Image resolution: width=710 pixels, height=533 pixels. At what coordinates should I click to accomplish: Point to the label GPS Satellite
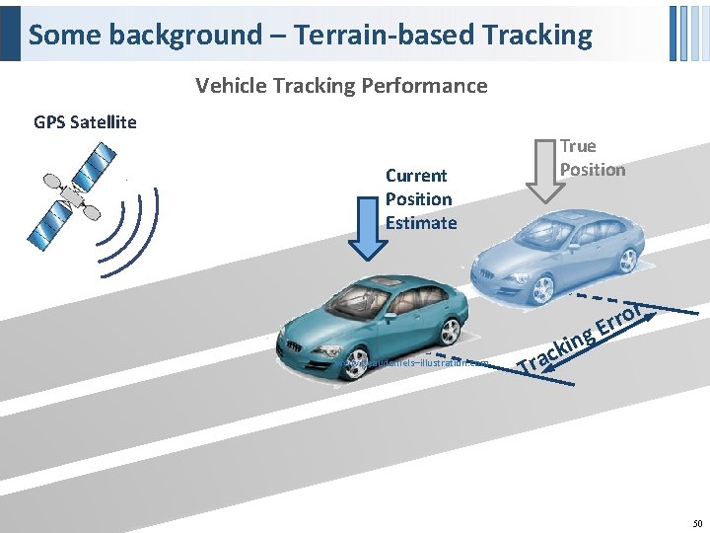coord(85,122)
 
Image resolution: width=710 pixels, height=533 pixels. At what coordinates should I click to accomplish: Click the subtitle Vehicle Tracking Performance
coord(341,86)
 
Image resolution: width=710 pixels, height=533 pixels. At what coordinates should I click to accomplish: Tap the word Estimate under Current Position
coord(421,222)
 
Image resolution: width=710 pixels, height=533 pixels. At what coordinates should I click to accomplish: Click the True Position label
coord(592,158)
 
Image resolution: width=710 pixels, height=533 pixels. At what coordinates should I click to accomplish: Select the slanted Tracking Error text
coord(582,336)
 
